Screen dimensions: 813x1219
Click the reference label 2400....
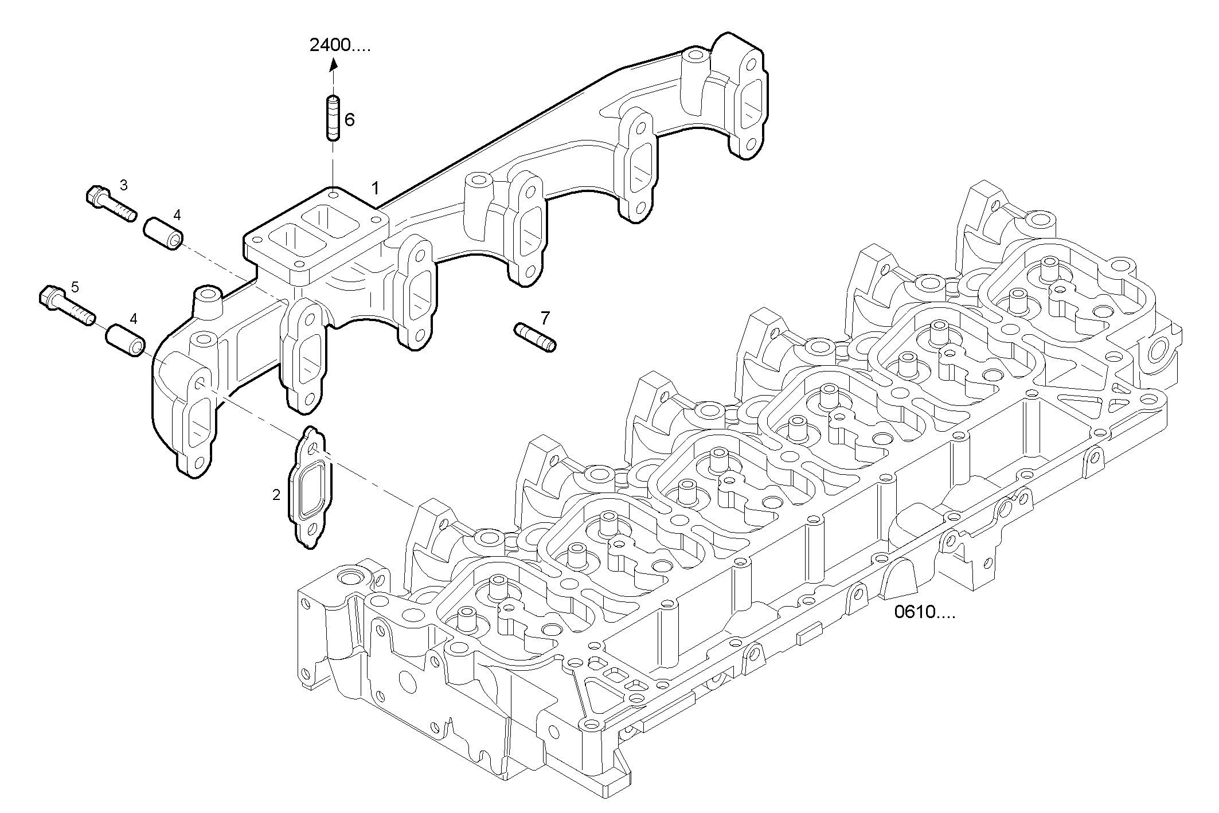(339, 45)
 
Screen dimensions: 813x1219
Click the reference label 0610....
(924, 612)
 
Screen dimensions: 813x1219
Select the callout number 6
(349, 120)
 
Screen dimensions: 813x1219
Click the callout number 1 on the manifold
(375, 188)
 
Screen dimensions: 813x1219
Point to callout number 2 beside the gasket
(276, 494)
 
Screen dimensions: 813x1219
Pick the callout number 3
(123, 185)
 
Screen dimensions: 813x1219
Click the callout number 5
(75, 286)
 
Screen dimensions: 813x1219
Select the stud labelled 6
(333, 118)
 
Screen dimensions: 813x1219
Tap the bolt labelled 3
(111, 205)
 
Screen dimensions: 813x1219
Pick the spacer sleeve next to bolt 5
(126, 340)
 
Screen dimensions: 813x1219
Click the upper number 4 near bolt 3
(177, 215)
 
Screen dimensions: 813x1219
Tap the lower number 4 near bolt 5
(134, 318)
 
